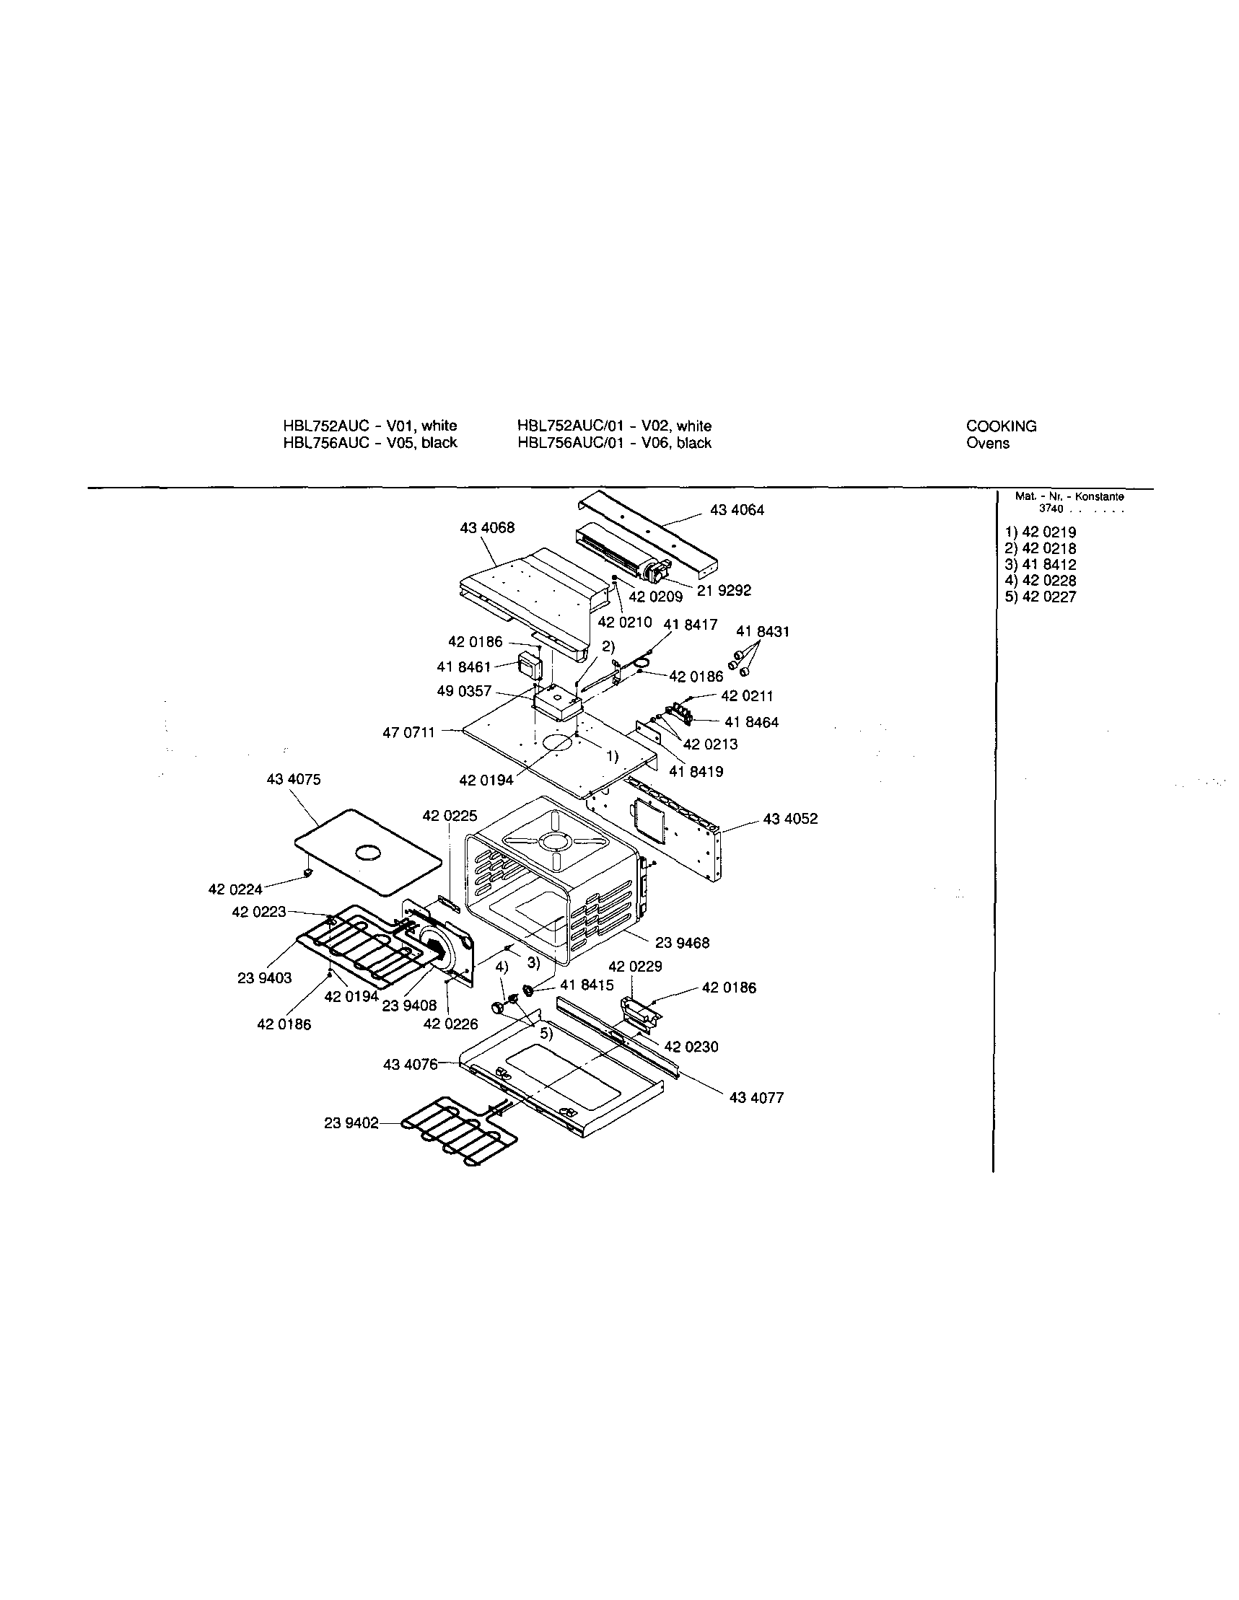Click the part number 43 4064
736,510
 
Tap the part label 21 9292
724,591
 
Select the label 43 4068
487,527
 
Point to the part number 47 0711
409,732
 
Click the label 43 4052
791,819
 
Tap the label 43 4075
293,781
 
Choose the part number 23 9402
351,1123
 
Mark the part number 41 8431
763,631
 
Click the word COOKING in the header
1001,426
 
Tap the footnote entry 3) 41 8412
1041,565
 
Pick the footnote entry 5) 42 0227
1041,597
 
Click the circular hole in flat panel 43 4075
368,853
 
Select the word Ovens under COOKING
988,443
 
